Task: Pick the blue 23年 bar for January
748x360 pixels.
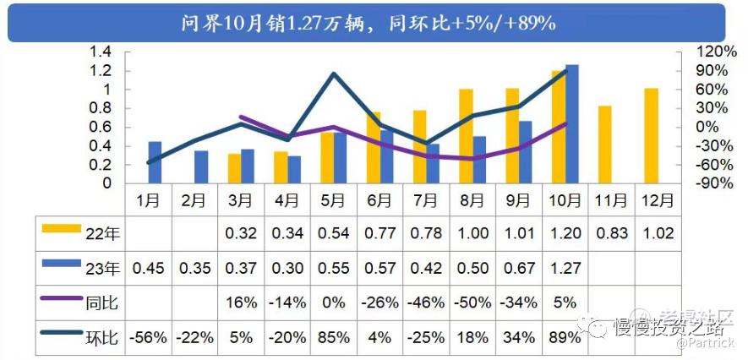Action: click(155, 161)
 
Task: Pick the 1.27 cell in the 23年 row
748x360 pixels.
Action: click(565, 268)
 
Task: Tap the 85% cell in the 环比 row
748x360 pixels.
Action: click(333, 336)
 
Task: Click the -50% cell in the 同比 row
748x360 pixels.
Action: click(472, 302)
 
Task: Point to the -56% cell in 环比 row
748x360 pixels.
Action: click(149, 336)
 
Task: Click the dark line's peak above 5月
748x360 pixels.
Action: click(334, 74)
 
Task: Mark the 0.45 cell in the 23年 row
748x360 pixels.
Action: click(149, 268)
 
